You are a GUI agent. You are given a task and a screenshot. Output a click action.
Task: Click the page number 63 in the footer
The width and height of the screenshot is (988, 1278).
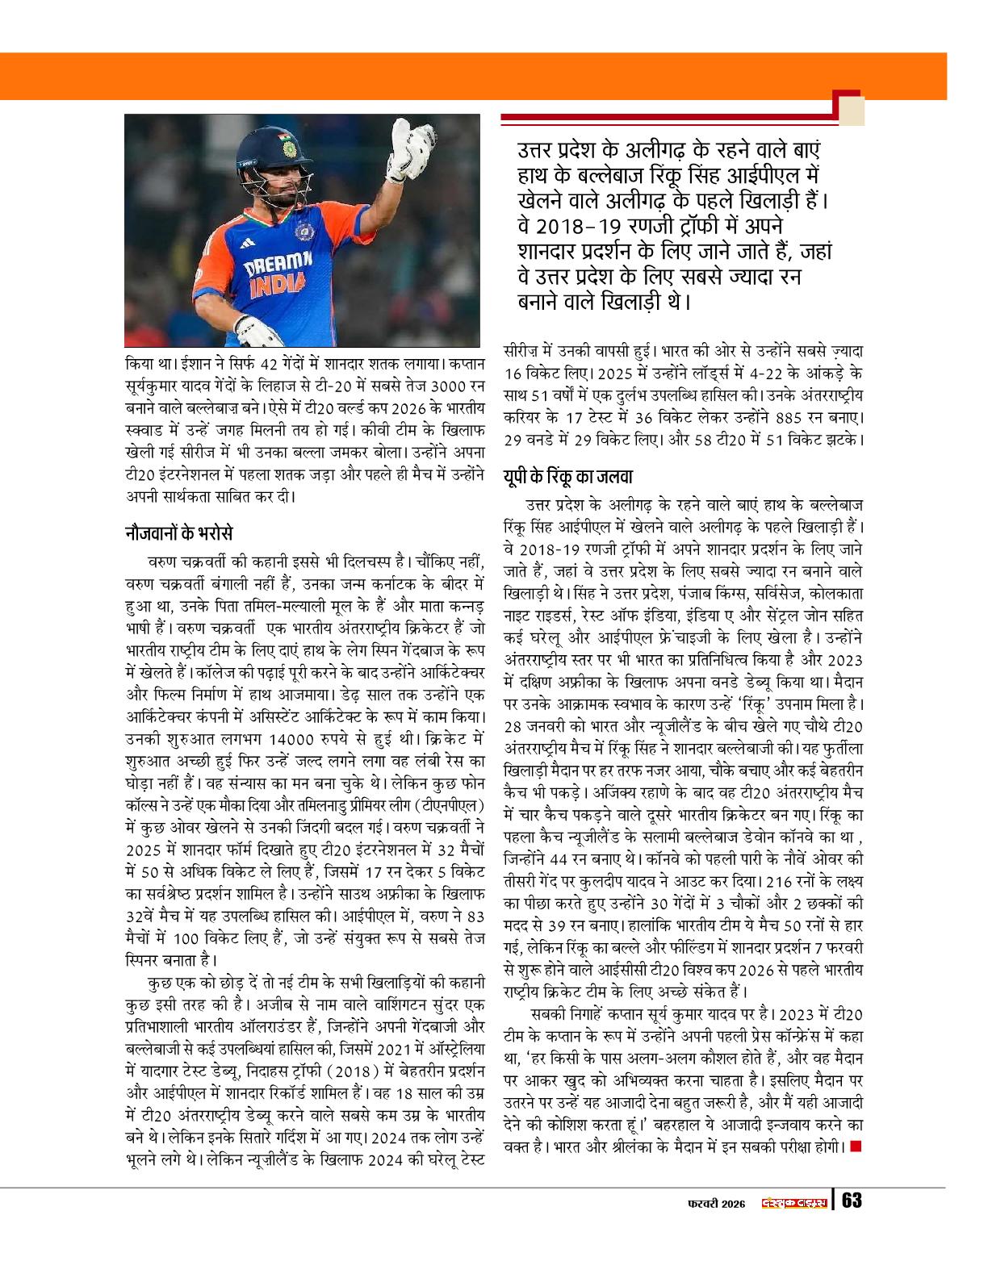point(852,1201)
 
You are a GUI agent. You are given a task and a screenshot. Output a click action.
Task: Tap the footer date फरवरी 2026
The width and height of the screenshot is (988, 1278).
point(716,1202)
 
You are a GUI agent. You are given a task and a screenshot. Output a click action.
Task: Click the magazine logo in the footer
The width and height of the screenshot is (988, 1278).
point(795,1202)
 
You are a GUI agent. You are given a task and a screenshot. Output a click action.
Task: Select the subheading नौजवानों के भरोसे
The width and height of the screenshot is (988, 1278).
point(179,533)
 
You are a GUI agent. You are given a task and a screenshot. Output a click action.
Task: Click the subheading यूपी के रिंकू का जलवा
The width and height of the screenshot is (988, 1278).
point(567,477)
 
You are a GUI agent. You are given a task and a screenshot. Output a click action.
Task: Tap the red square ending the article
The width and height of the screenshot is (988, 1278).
point(856,1145)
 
